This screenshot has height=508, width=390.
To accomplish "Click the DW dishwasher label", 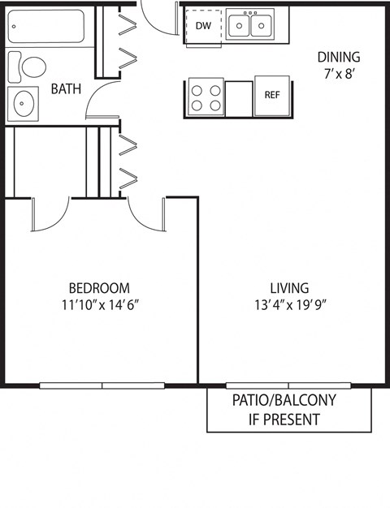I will (203, 25).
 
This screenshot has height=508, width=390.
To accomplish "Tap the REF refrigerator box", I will (272, 95).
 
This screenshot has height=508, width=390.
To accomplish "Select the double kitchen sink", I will (250, 26).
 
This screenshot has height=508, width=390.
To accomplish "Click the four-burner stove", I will (206, 97).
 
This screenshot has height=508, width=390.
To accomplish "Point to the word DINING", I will (338, 57).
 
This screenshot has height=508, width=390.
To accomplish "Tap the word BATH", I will (66, 88).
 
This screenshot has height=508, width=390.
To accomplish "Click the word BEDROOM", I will (98, 288).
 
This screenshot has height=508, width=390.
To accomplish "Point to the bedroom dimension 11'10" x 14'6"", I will (98, 306).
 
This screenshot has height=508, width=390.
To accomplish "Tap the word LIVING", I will (289, 288).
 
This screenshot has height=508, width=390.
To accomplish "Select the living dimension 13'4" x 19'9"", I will (289, 306).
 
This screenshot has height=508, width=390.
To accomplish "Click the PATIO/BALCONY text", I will (284, 401).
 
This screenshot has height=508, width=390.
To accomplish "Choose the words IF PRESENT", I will (284, 420).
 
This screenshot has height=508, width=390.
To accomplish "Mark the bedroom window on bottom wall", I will (102, 385).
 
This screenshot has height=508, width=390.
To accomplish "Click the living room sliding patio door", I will (288, 385).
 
